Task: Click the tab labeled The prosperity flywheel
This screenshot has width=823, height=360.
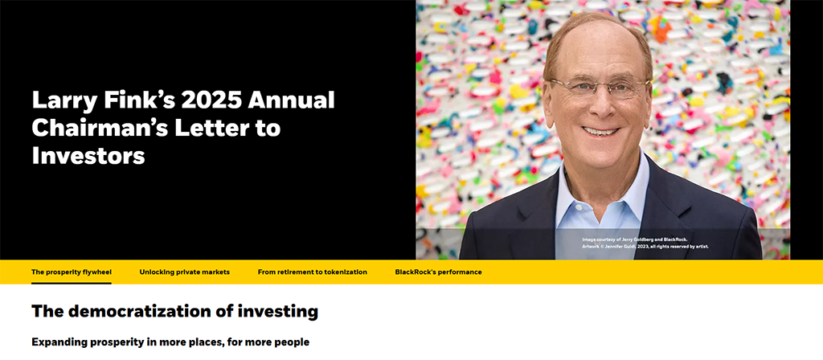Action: tap(72, 272)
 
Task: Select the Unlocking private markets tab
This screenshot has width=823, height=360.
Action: tap(184, 272)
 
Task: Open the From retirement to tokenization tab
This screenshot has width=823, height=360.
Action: tap(313, 272)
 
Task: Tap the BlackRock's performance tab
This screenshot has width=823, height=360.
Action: tap(438, 272)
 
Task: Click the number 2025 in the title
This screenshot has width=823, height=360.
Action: tap(211, 100)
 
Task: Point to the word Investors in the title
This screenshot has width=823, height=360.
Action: tap(88, 156)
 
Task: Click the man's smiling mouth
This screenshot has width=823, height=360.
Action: tap(601, 131)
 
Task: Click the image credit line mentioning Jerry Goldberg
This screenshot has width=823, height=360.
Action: tap(635, 239)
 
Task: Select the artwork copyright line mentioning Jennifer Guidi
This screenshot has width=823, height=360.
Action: tap(645, 246)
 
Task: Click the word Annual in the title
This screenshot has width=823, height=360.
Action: tap(291, 100)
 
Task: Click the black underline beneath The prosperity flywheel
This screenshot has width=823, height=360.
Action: tap(72, 283)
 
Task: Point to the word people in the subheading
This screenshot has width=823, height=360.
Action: tap(293, 342)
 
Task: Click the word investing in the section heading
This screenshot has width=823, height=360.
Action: tap(278, 312)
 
